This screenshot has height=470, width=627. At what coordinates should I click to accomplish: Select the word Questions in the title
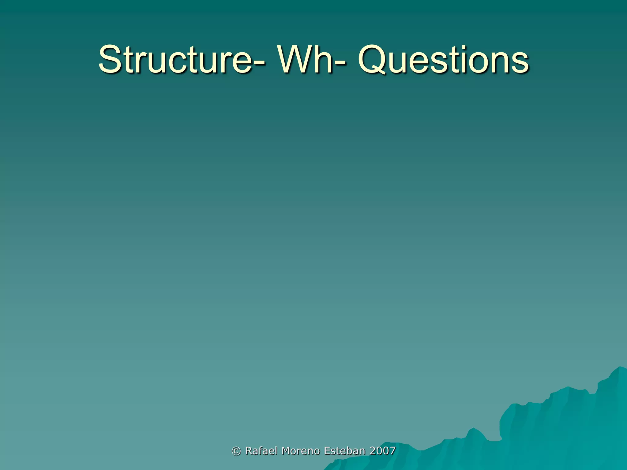[443, 60]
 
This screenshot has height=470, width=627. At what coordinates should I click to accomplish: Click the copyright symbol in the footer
[236, 451]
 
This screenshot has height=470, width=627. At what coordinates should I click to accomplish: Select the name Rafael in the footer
[262, 451]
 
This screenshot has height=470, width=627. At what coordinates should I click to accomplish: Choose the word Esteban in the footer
[344, 451]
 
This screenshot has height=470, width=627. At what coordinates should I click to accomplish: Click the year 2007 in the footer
[382, 451]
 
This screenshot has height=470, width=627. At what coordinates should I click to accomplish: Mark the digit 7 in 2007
[392, 451]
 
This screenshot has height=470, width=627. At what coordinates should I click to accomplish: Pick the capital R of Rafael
[249, 451]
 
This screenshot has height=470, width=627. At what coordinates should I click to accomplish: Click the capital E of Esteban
[327, 451]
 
